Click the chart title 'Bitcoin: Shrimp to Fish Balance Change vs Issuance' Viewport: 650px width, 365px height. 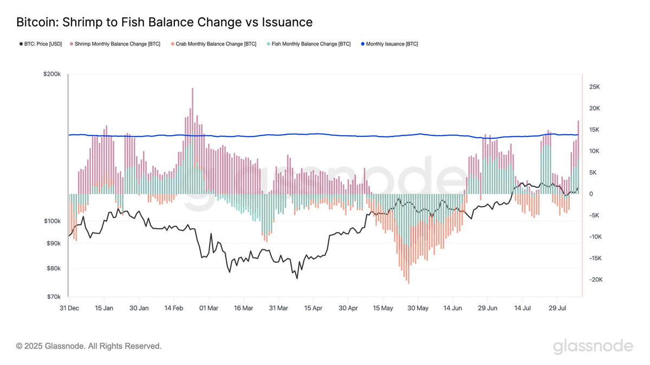pyautogui.click(x=165, y=22)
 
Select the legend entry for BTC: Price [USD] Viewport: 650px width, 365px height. pyautogui.click(x=43, y=44)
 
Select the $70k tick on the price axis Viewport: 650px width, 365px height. pyautogui.click(x=54, y=297)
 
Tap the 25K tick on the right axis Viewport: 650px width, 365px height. pyautogui.click(x=594, y=87)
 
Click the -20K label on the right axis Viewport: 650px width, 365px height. pyautogui.click(x=594, y=280)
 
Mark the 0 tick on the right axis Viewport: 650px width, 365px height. pyautogui.click(x=591, y=194)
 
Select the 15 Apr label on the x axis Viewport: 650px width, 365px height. pyautogui.click(x=313, y=308)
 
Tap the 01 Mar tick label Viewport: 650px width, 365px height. pyautogui.click(x=209, y=308)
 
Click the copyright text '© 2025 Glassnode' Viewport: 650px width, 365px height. pyautogui.click(x=89, y=346)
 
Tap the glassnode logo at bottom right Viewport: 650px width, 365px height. pyautogui.click(x=593, y=346)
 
